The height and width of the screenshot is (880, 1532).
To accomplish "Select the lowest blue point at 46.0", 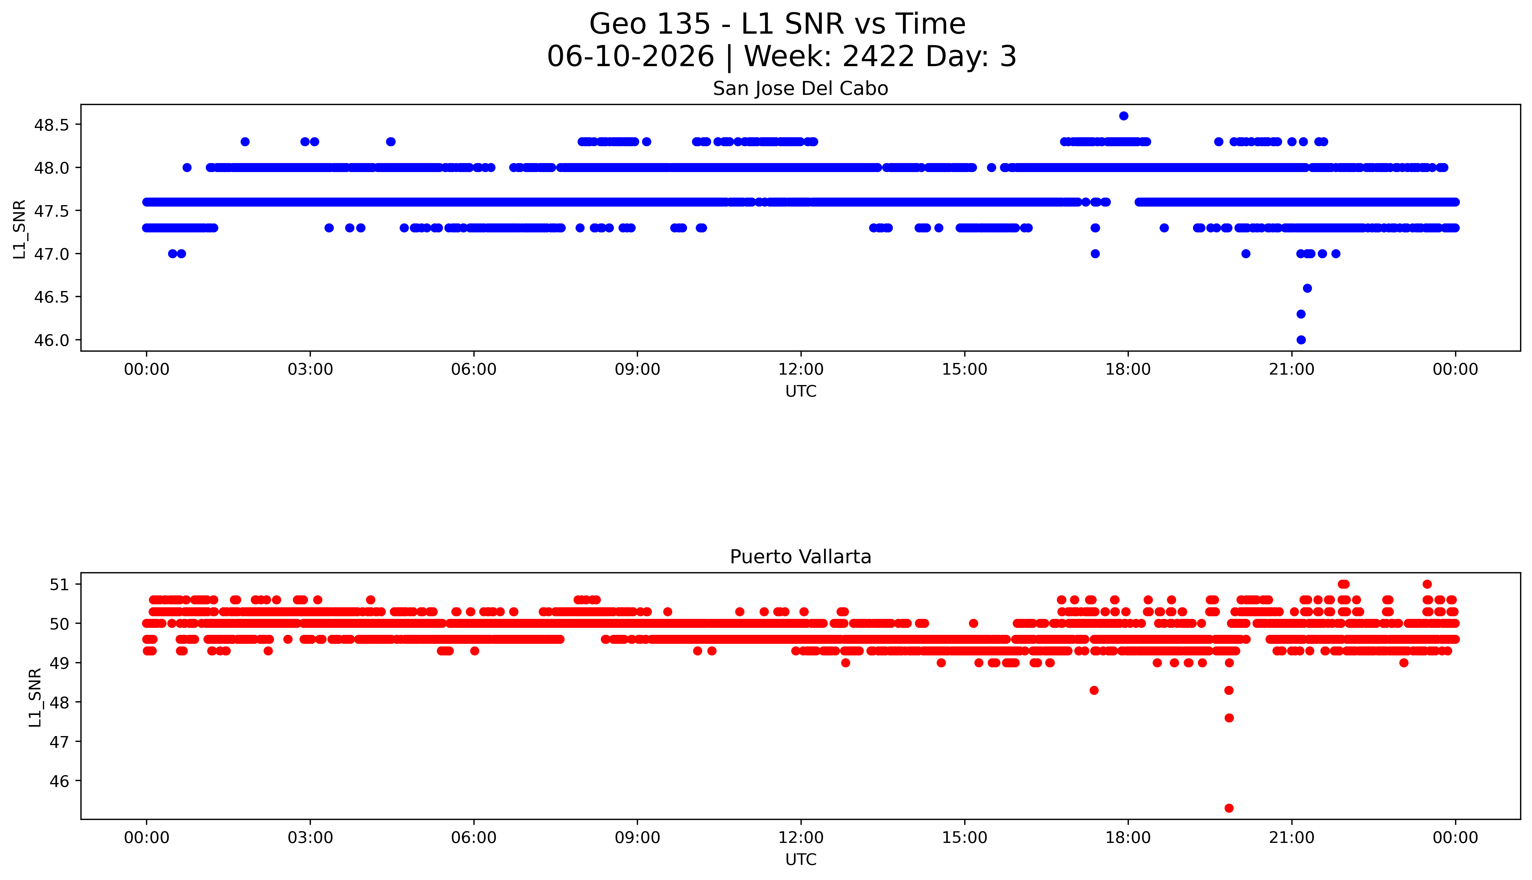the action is (1301, 340).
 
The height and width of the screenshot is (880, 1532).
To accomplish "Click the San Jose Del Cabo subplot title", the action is (801, 89).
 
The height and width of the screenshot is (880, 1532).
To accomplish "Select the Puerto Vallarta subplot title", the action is (801, 557).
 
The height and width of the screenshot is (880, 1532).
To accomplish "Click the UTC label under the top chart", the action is (801, 392).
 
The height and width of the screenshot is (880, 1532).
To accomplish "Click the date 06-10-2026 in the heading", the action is (630, 57).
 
